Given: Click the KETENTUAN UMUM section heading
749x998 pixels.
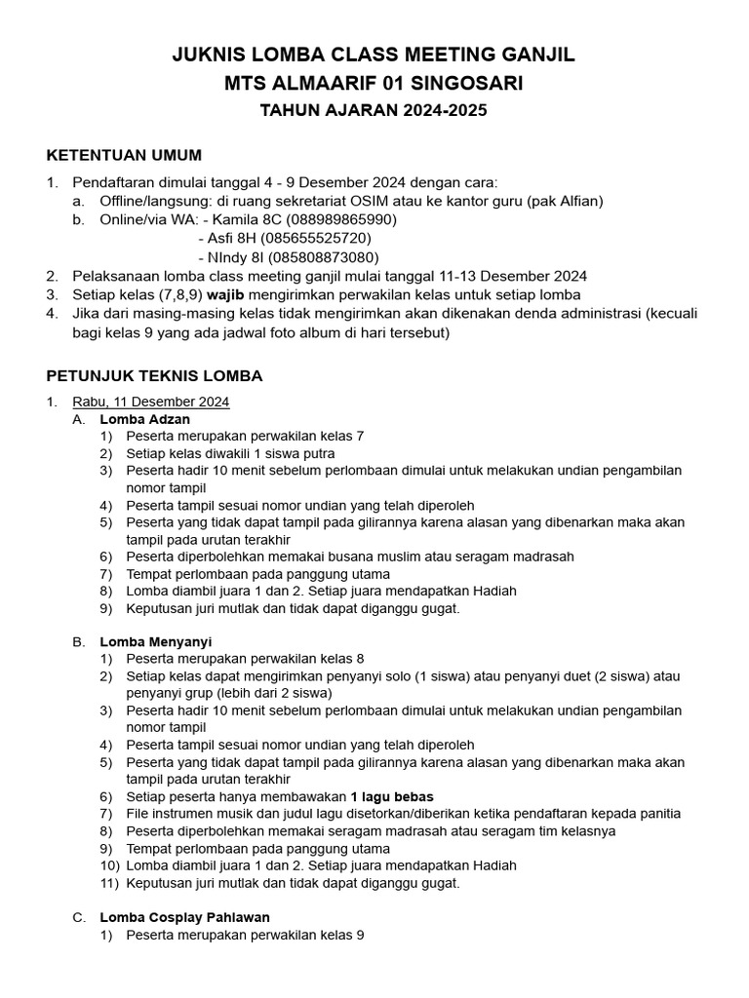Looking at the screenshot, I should tap(124, 155).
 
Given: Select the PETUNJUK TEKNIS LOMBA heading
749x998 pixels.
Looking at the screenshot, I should tap(155, 375).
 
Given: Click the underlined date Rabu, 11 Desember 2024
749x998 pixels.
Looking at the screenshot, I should tap(151, 401).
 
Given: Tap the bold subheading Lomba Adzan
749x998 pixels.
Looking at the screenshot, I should tap(144, 419).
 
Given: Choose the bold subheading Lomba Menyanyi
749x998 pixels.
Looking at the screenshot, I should tap(155, 641).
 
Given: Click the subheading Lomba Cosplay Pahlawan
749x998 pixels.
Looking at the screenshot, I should tap(184, 917).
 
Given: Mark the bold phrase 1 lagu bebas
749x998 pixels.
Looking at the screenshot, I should tap(392, 796).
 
